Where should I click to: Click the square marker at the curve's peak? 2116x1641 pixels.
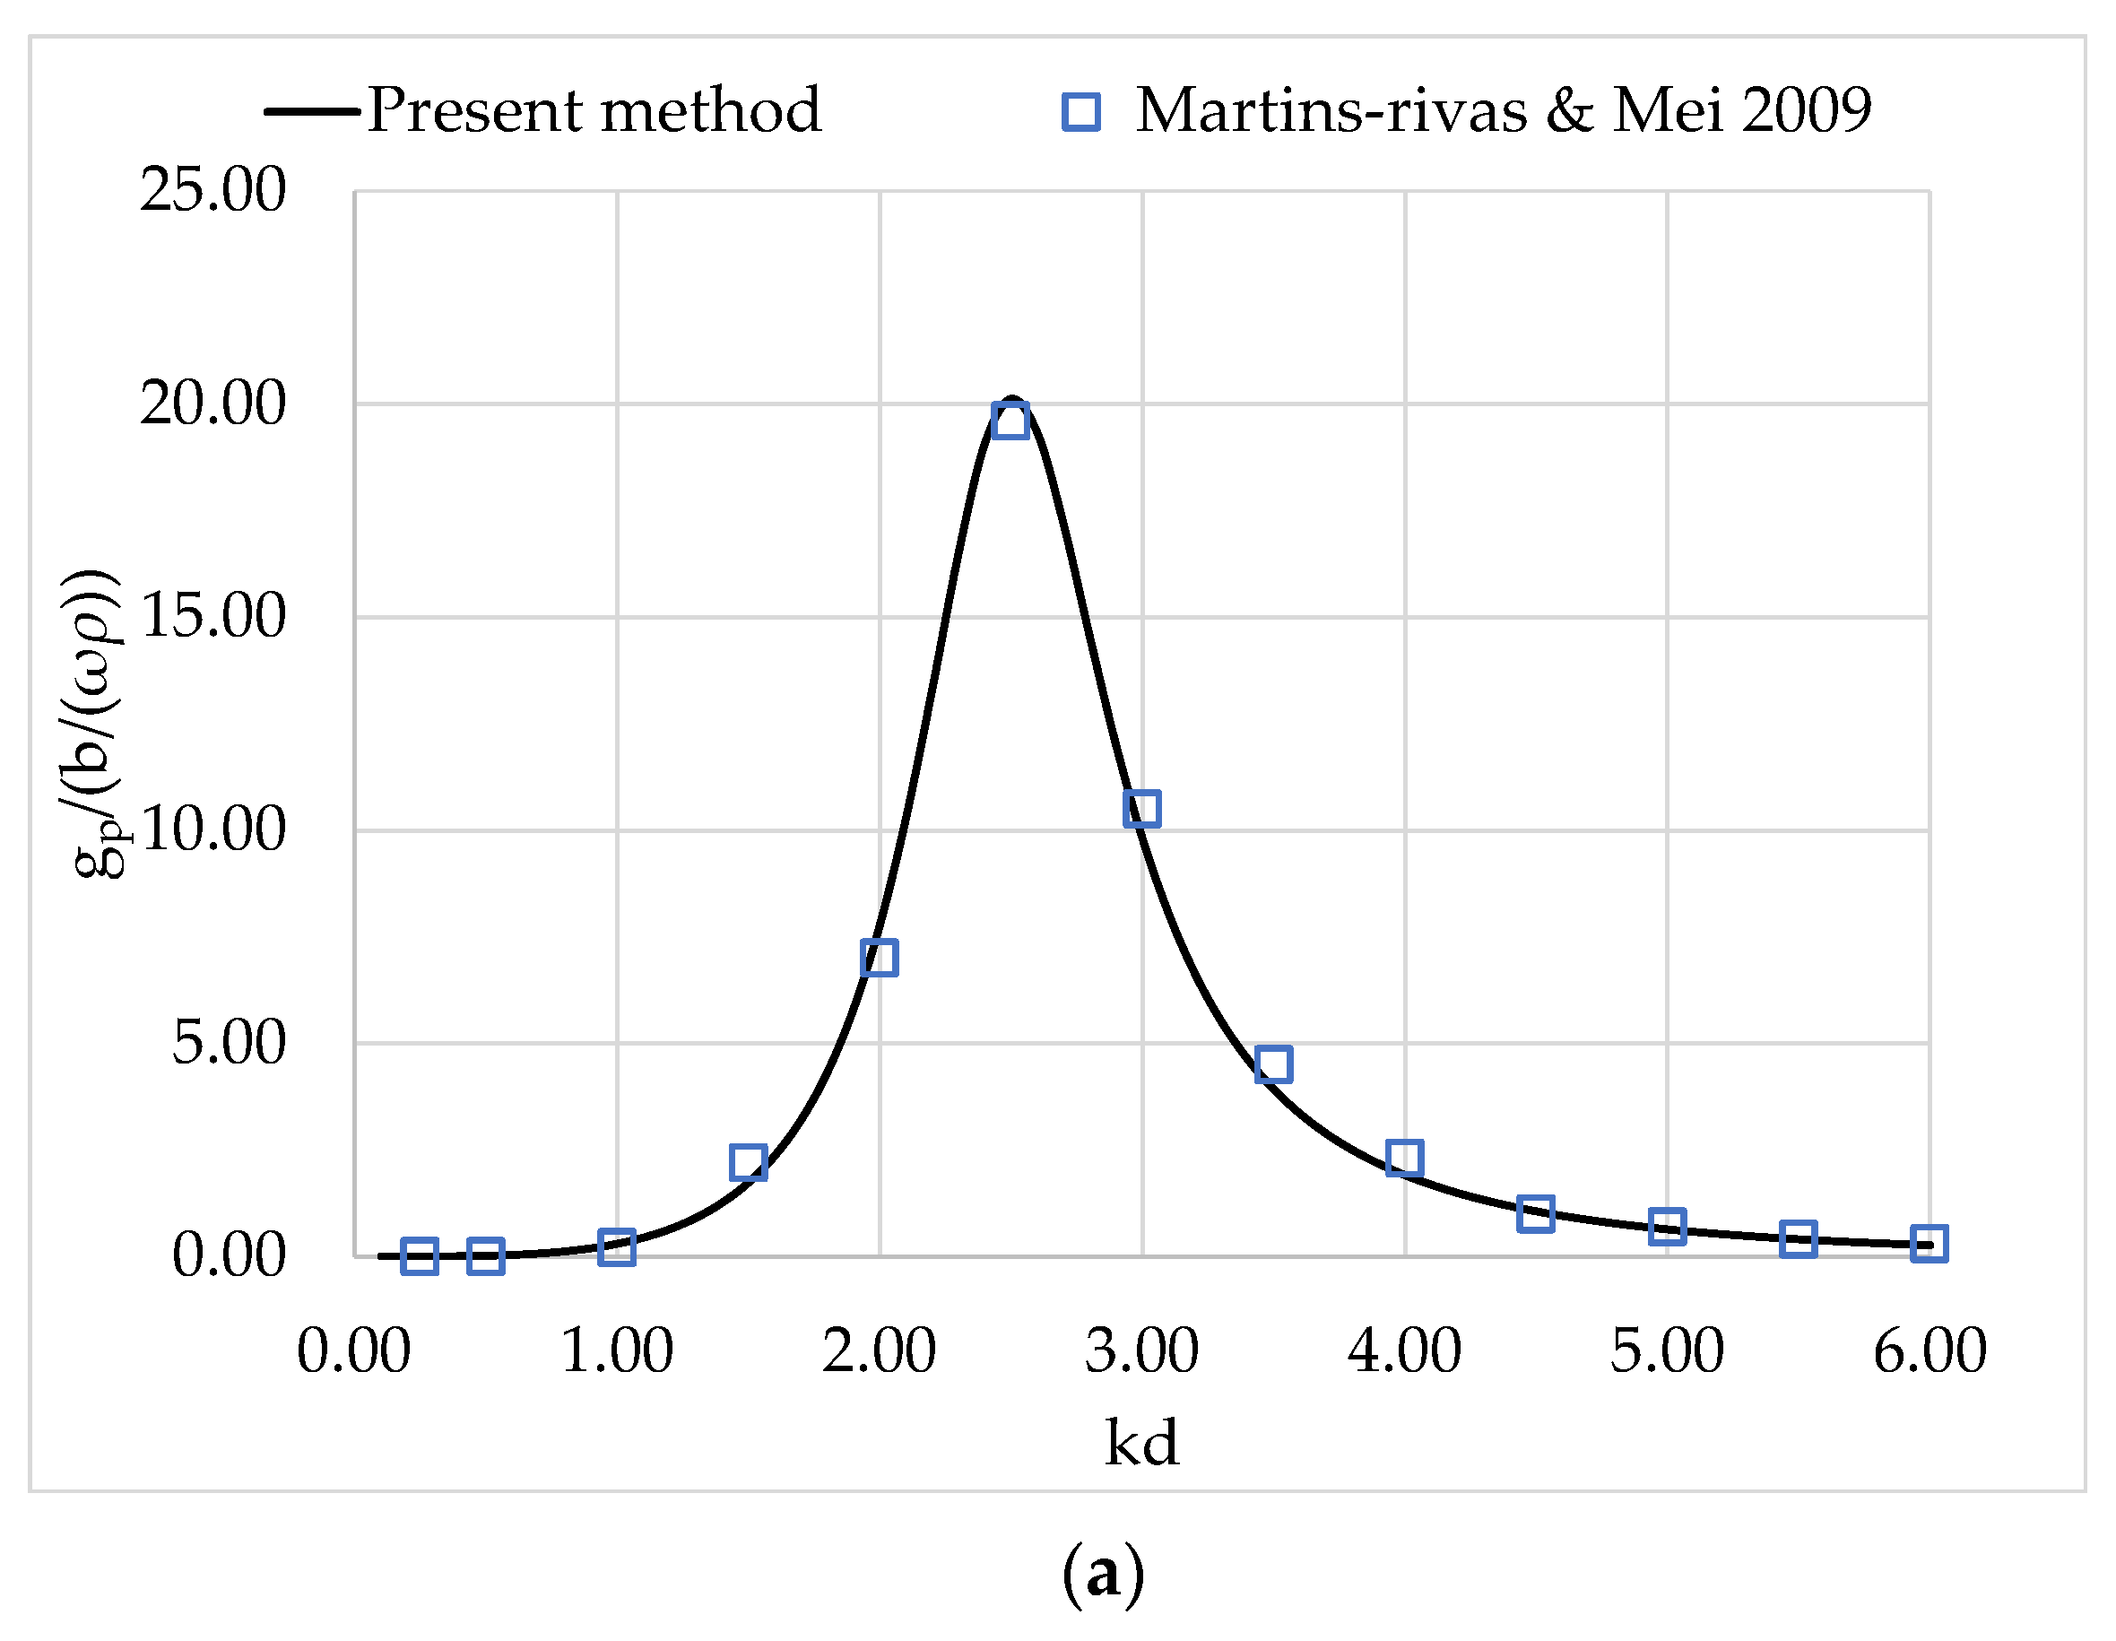click(1010, 421)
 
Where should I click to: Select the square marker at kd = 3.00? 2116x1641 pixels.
click(1142, 808)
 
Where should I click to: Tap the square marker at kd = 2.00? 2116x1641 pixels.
click(879, 958)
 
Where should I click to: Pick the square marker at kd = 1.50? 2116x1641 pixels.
click(748, 1161)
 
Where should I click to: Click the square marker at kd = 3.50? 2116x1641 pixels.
click(1273, 1064)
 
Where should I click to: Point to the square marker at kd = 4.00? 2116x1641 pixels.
click(1404, 1158)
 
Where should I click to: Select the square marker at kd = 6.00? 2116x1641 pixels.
click(1929, 1244)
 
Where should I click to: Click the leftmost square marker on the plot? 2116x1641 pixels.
click(420, 1256)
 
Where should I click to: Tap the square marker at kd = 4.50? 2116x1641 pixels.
click(1536, 1214)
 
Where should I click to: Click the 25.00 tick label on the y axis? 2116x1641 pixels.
click(213, 189)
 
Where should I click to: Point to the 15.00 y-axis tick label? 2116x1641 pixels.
click(213, 615)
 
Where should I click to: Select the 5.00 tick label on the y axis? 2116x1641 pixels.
click(229, 1043)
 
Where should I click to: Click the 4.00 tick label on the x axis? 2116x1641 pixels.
click(1404, 1351)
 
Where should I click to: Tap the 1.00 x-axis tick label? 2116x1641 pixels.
click(617, 1351)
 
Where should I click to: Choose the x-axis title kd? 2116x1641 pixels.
click(1142, 1444)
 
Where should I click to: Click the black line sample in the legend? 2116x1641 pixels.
click(312, 111)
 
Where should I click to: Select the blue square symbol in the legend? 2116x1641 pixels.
click(1081, 111)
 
